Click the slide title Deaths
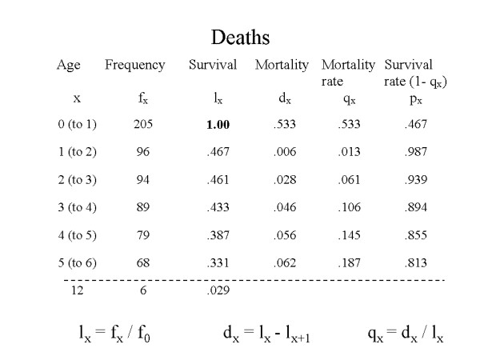point(241,37)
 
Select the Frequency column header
point(134,65)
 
